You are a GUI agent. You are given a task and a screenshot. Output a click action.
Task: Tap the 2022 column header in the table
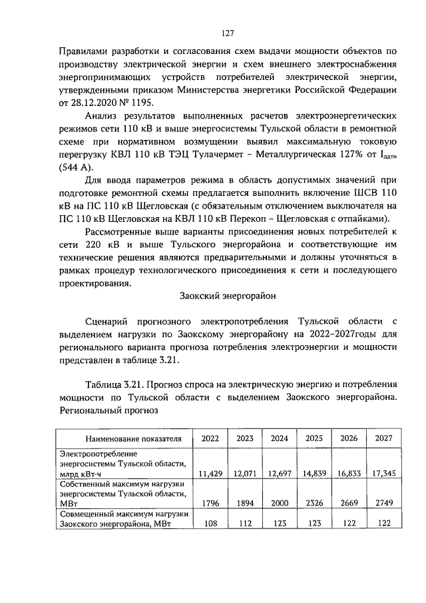click(210, 438)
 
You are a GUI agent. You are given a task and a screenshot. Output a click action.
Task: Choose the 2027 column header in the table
click(383, 438)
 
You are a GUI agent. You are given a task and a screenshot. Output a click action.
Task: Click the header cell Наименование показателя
click(123, 439)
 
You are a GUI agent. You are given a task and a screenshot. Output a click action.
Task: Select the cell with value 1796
click(210, 504)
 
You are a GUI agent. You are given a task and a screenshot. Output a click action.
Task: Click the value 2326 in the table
click(314, 504)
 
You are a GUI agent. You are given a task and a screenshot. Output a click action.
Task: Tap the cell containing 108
click(210, 524)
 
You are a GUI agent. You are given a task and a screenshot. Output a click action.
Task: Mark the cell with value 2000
click(280, 504)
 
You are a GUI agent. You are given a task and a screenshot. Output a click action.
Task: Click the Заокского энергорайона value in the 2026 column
click(349, 524)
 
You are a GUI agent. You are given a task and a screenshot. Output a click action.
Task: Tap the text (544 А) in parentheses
click(77, 167)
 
